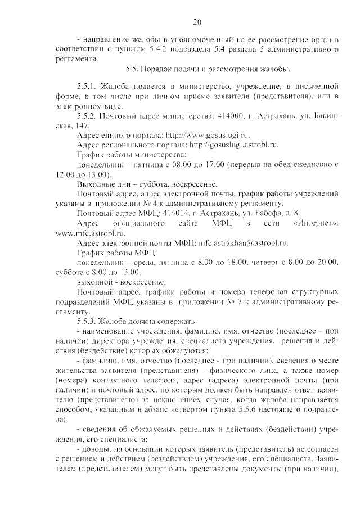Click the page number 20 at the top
197,22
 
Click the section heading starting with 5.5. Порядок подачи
208,70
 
